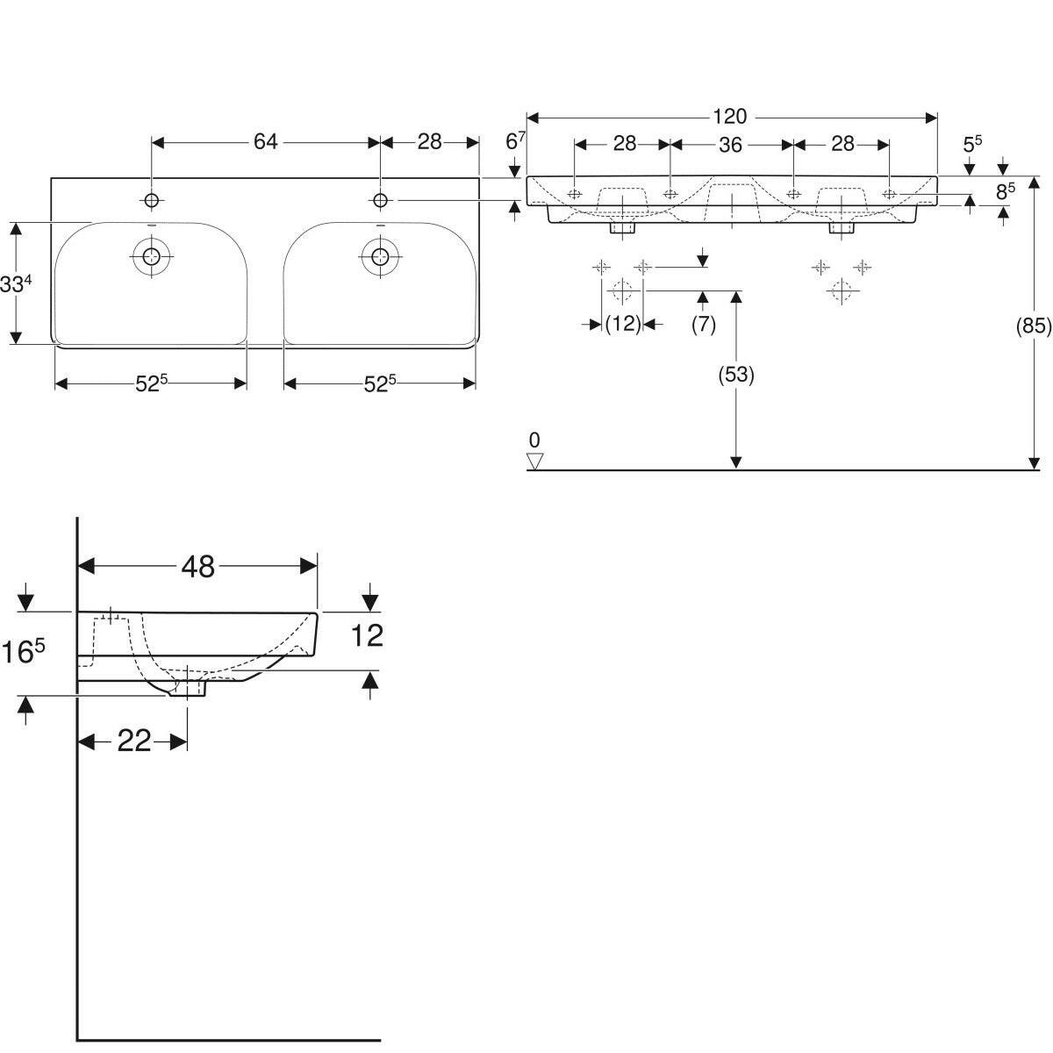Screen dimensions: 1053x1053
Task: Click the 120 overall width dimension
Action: tap(729, 117)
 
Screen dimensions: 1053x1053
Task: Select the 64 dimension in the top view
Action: tap(265, 142)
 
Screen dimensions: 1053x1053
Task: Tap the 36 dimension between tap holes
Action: tap(730, 145)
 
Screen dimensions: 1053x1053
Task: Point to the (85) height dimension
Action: tap(1033, 326)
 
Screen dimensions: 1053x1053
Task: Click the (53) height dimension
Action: tap(735, 375)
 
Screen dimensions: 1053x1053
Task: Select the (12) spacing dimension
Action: tap(623, 324)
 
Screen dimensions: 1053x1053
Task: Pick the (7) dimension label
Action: tap(703, 324)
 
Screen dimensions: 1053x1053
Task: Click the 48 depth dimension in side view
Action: tap(198, 567)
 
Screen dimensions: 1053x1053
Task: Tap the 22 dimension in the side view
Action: tap(134, 741)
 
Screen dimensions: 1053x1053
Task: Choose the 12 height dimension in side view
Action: tap(367, 635)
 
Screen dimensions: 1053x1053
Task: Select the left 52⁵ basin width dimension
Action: tap(151, 383)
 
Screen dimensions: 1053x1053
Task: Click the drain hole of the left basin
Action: tap(152, 256)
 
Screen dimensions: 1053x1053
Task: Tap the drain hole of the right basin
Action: tap(380, 256)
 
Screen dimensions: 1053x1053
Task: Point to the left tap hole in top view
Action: tap(152, 201)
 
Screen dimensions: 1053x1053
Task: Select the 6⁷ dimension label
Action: tap(515, 140)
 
